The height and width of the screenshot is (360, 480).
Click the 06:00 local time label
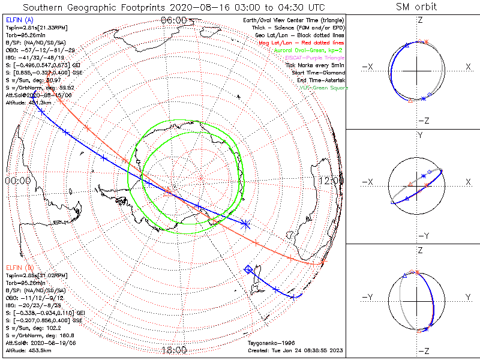click(173, 21)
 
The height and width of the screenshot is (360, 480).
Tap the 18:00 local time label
click(173, 350)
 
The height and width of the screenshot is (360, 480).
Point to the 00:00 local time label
click(17, 180)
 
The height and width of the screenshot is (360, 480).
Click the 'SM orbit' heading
click(416, 7)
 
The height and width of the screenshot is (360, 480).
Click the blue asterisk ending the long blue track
click(245, 224)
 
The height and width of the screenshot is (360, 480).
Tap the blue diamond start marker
click(248, 269)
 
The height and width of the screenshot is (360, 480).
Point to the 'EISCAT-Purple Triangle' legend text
click(316, 57)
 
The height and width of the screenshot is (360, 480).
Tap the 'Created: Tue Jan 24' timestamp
click(296, 350)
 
